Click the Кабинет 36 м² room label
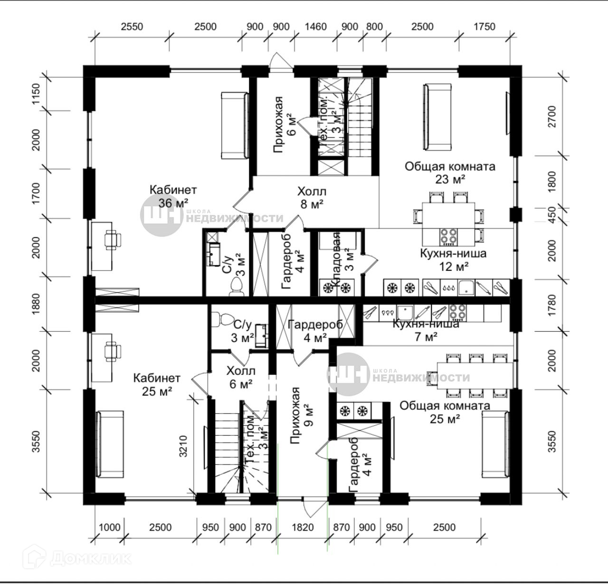click(x=173, y=196)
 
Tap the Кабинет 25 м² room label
click(x=157, y=384)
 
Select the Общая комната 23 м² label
click(x=450, y=173)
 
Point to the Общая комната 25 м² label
click(x=445, y=412)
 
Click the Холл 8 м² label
click(x=312, y=198)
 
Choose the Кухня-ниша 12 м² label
click(x=453, y=259)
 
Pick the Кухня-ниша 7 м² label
click(x=426, y=331)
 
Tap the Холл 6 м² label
click(x=241, y=377)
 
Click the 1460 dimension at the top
click(x=315, y=27)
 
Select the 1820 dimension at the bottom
click(x=303, y=527)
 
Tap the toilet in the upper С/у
click(x=236, y=287)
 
